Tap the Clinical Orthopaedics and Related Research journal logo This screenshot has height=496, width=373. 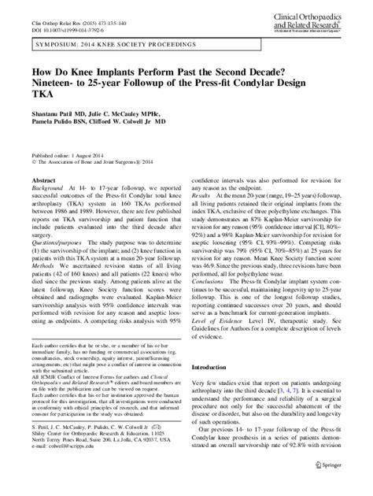[x=313, y=21]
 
